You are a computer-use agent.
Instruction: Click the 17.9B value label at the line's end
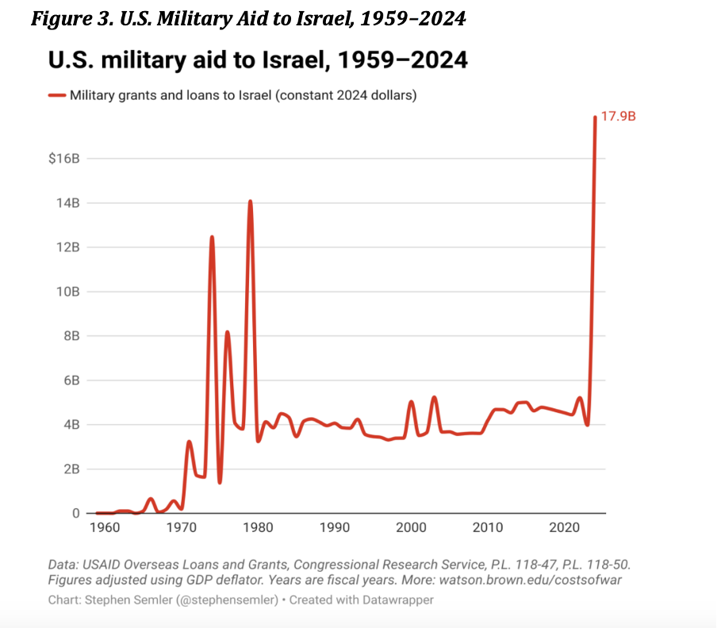click(x=619, y=117)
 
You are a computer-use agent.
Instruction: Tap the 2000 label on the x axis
click(x=412, y=527)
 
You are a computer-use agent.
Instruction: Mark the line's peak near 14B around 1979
click(x=250, y=201)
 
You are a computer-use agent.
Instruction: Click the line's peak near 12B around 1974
click(x=212, y=237)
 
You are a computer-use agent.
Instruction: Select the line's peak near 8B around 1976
click(x=227, y=332)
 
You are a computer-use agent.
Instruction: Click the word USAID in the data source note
click(x=102, y=564)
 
